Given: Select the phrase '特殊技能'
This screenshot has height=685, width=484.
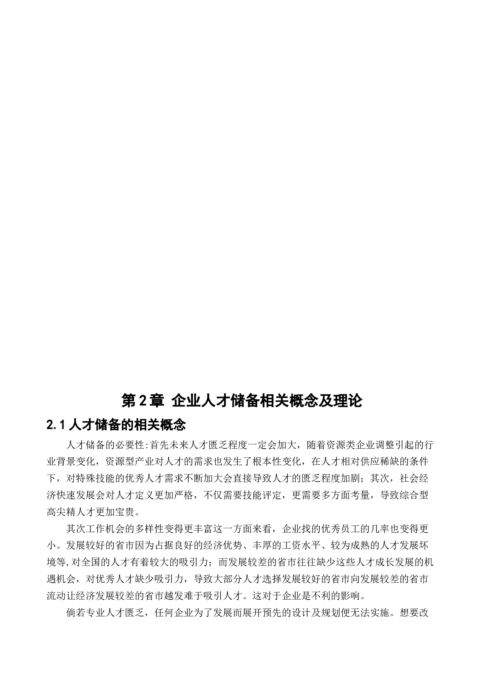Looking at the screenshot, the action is coord(95,478).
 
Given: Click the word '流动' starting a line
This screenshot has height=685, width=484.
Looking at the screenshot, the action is coord(56,596).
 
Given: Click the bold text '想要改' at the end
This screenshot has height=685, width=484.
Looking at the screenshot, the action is coord(414,613).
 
